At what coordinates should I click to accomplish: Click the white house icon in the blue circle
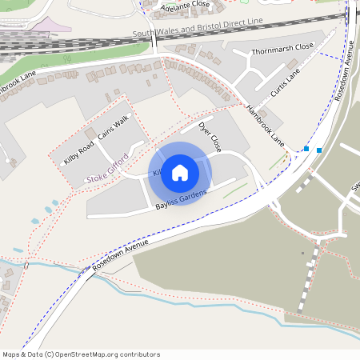tap(180, 173)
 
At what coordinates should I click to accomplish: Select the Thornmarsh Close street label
tap(282, 48)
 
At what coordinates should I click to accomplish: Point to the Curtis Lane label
tap(286, 82)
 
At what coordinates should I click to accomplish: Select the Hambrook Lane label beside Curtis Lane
tap(266, 126)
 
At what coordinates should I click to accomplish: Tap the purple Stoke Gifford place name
tap(107, 166)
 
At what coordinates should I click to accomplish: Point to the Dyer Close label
tap(210, 137)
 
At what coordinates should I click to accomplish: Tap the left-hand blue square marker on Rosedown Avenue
tap(306, 148)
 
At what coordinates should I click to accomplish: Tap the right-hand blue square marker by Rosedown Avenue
tap(319, 150)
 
